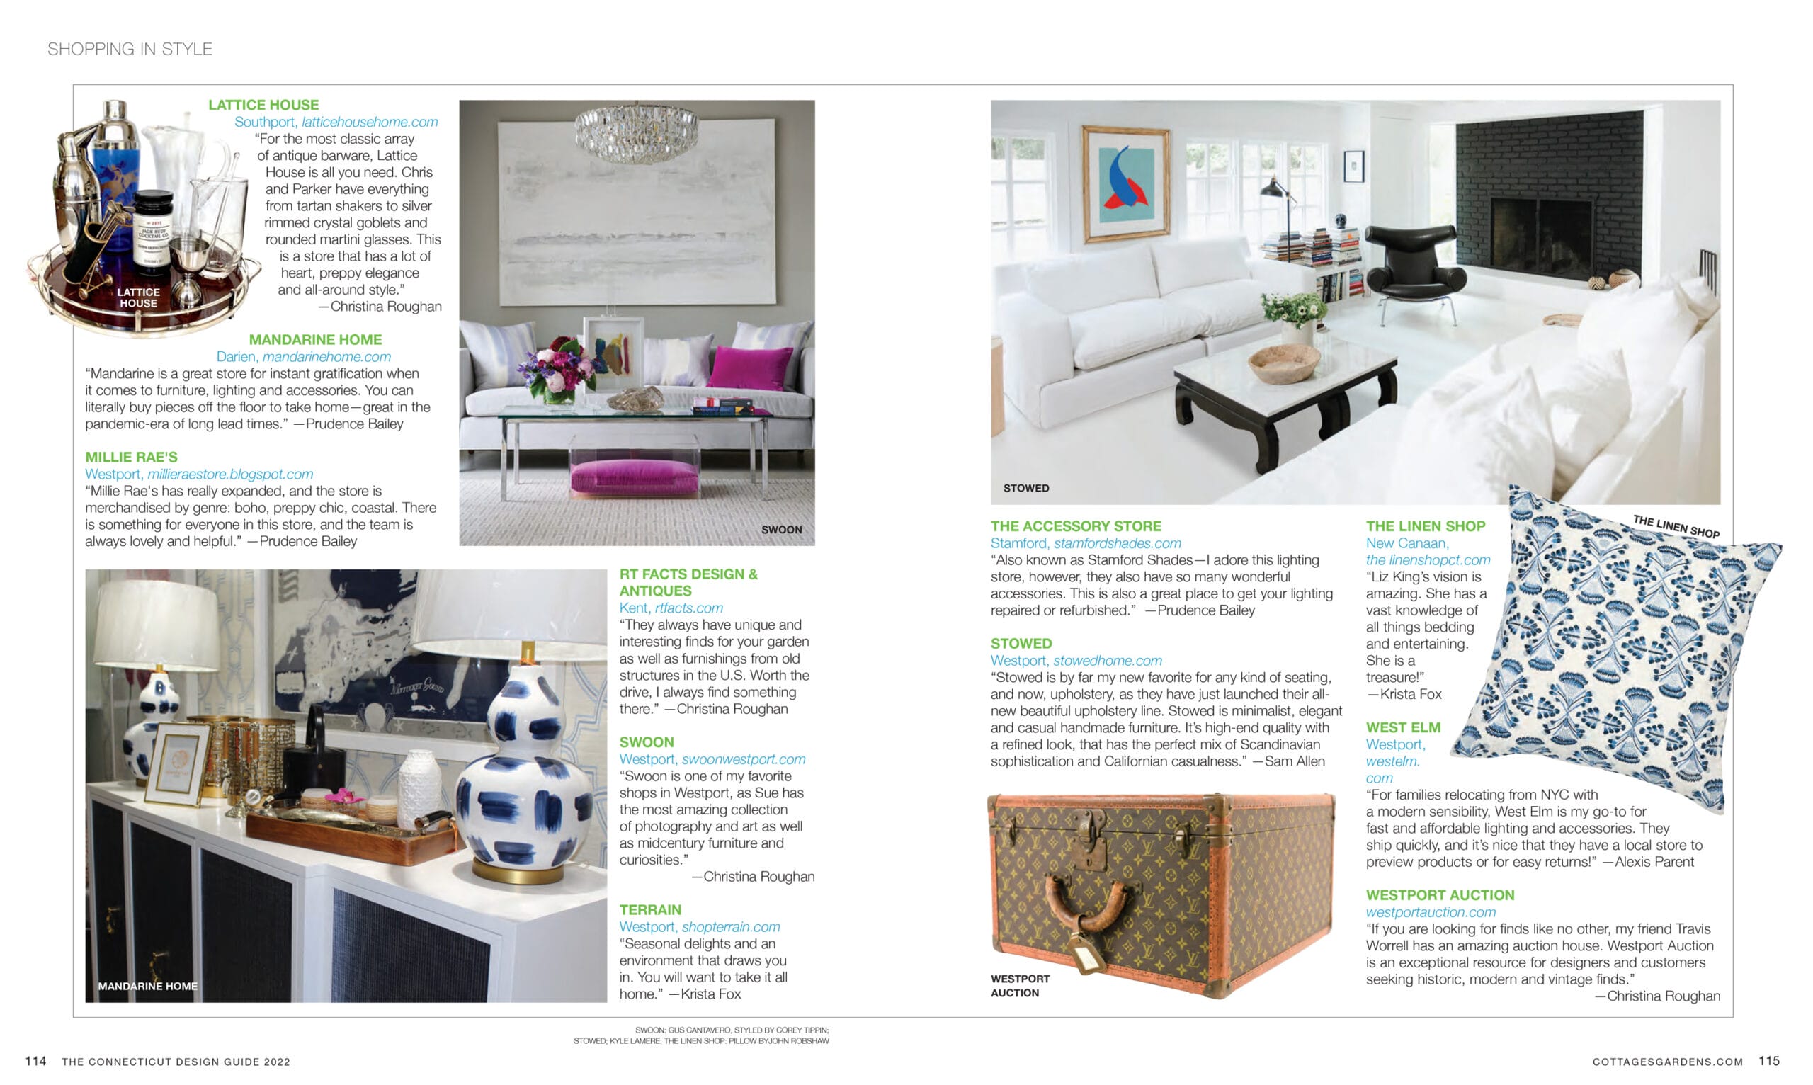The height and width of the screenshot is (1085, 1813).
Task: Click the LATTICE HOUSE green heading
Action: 263,105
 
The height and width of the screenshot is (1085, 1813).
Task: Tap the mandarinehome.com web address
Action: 326,357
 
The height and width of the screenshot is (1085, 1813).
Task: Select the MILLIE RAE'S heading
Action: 131,457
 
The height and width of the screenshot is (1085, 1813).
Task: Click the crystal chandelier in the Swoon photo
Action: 635,132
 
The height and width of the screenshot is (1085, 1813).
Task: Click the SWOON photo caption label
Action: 780,529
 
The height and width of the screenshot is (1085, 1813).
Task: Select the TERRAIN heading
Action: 650,909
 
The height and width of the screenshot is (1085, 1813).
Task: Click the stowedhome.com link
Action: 1107,661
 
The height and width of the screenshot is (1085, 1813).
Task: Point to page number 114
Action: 35,1061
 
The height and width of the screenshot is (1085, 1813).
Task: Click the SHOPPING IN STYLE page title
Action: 130,49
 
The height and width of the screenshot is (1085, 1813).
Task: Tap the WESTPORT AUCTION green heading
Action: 1440,895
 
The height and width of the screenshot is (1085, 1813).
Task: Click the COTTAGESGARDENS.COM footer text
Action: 1667,1062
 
